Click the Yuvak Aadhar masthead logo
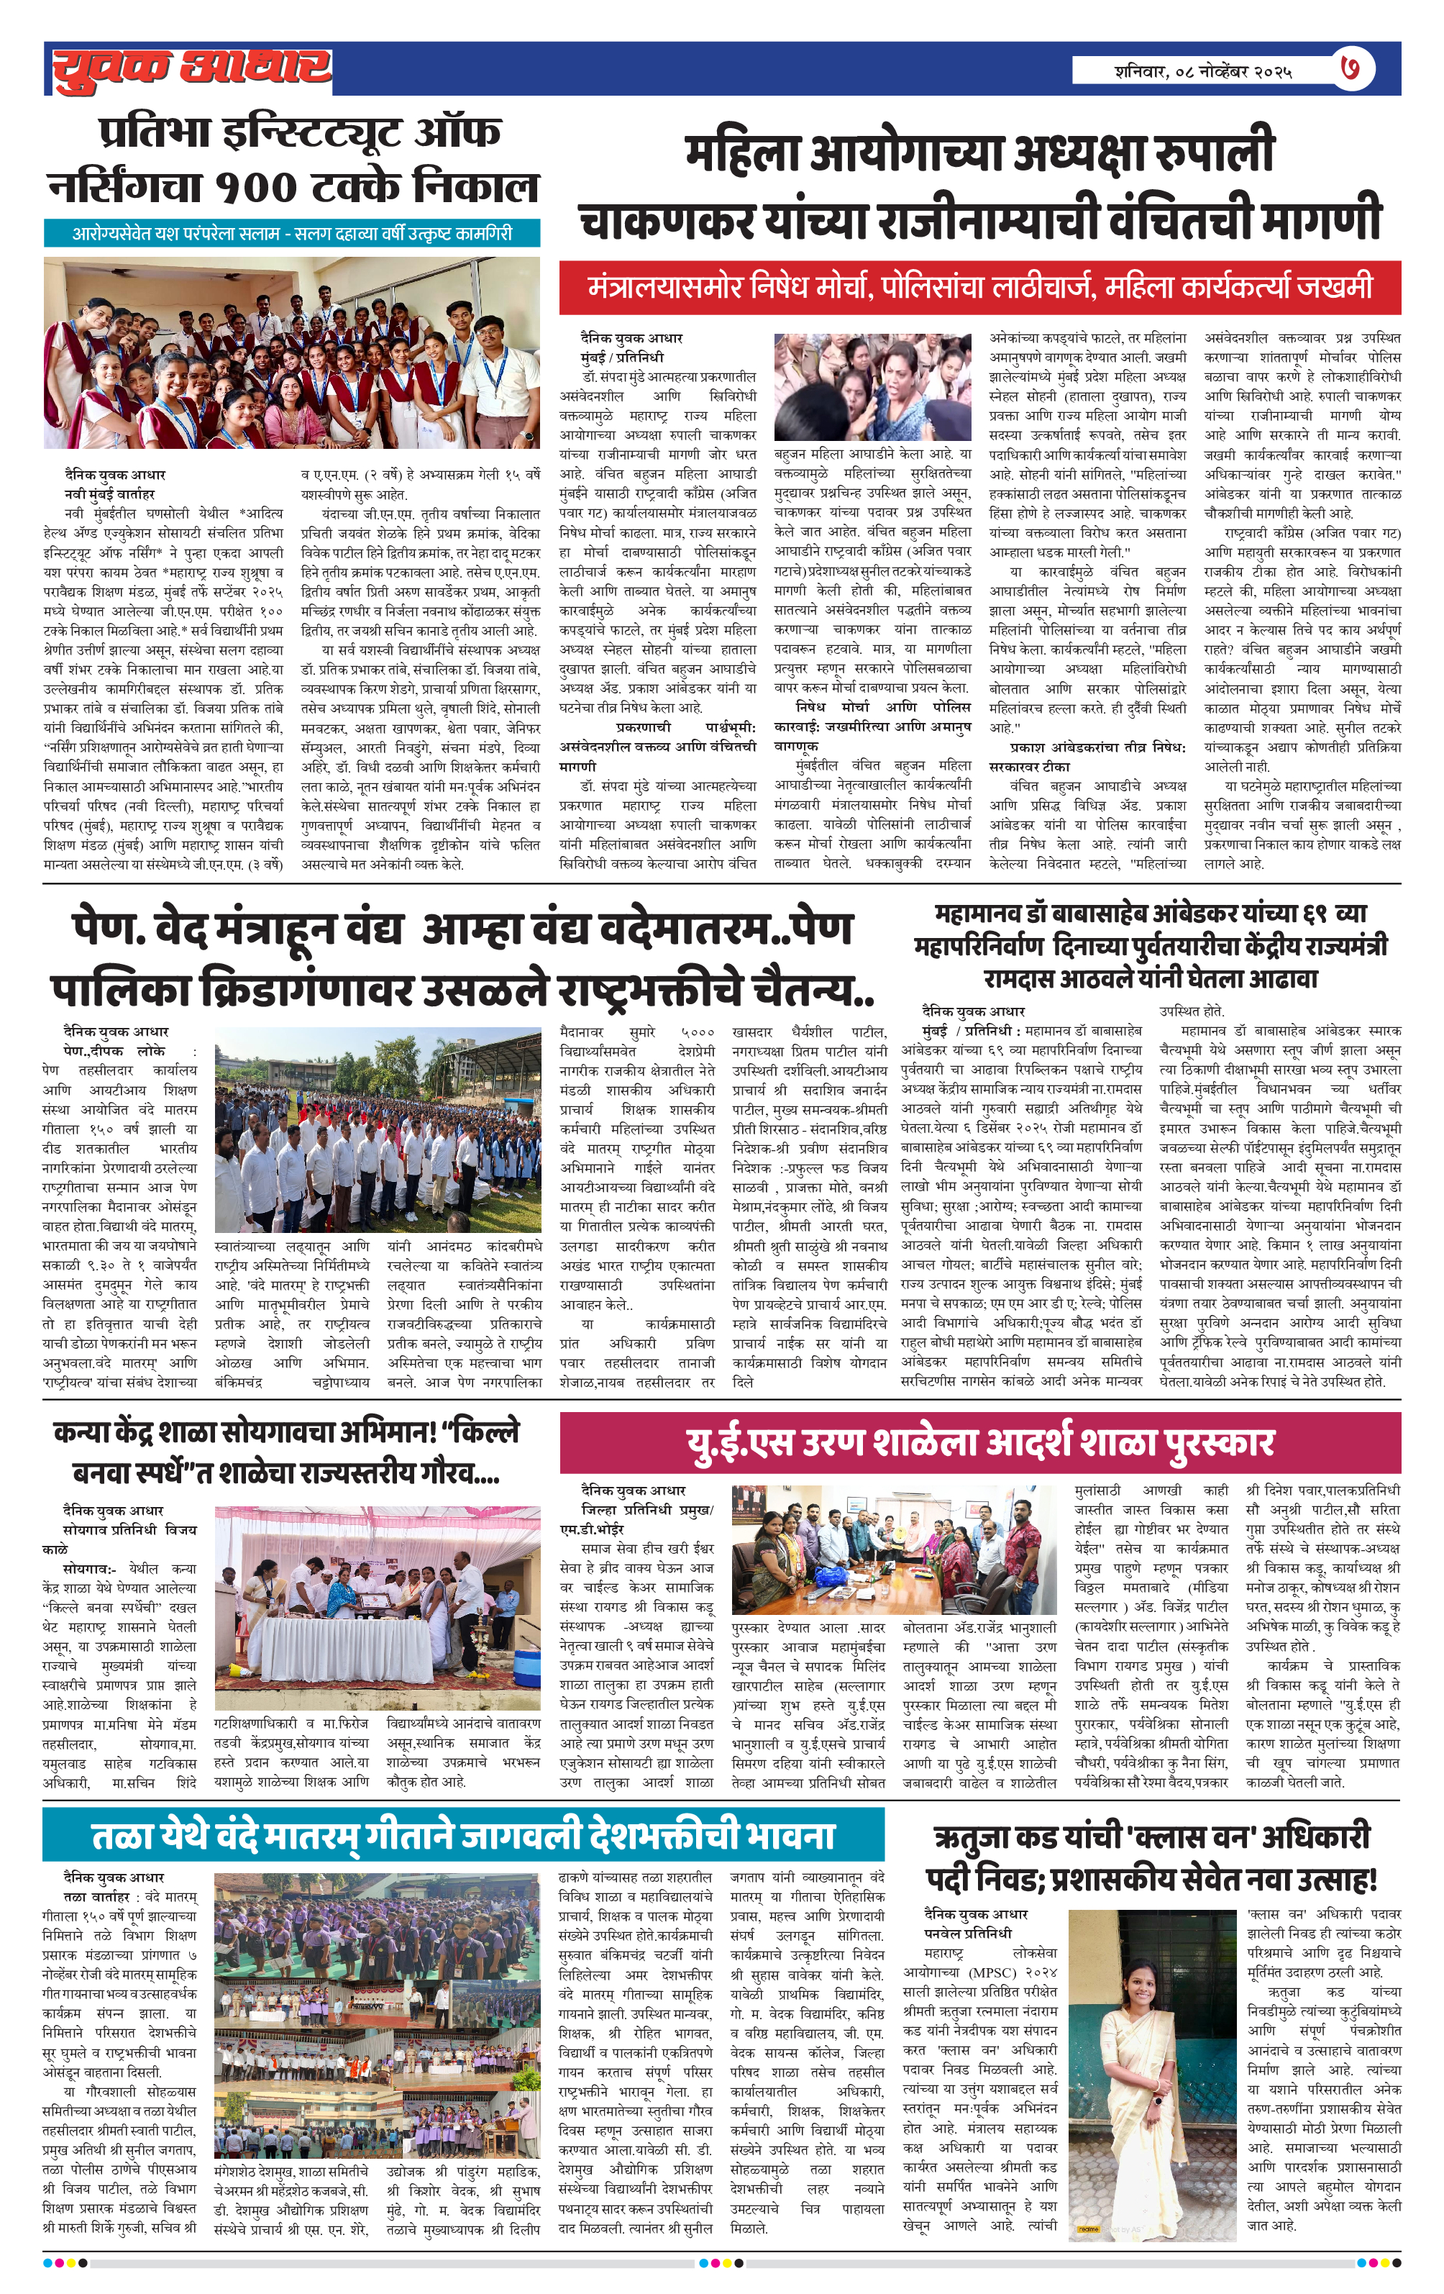(191, 68)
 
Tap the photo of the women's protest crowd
(872, 384)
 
